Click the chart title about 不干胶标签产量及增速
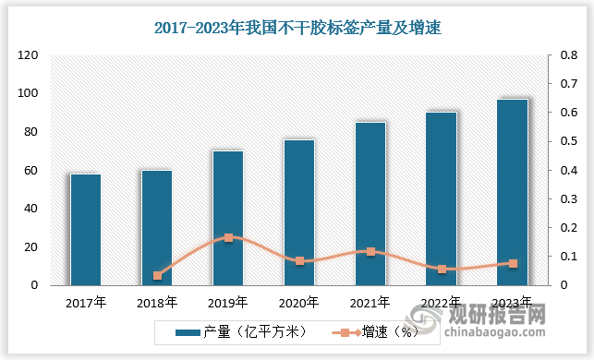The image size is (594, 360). click(x=297, y=29)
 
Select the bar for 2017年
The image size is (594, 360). click(x=86, y=229)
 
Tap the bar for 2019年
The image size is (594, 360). click(x=228, y=218)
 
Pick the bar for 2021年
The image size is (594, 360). click(x=370, y=203)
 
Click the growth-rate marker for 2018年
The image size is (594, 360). click(x=157, y=275)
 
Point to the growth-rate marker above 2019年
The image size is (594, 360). click(x=228, y=237)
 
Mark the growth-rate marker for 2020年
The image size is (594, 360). click(x=299, y=261)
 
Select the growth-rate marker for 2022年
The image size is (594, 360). click(x=442, y=269)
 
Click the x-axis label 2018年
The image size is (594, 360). click(x=157, y=302)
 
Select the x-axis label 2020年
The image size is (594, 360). click(x=299, y=302)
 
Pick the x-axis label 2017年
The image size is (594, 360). click(x=86, y=302)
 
